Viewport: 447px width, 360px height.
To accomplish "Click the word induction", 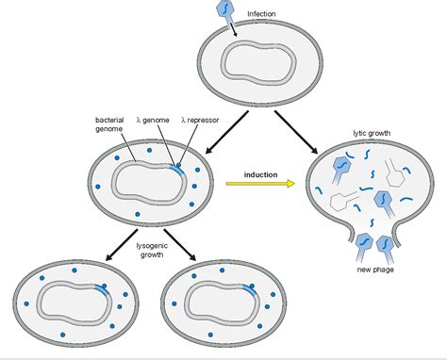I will [x=261, y=173].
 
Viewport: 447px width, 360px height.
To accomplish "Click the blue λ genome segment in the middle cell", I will [x=176, y=167].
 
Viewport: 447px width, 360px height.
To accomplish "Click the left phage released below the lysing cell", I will [x=362, y=247].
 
